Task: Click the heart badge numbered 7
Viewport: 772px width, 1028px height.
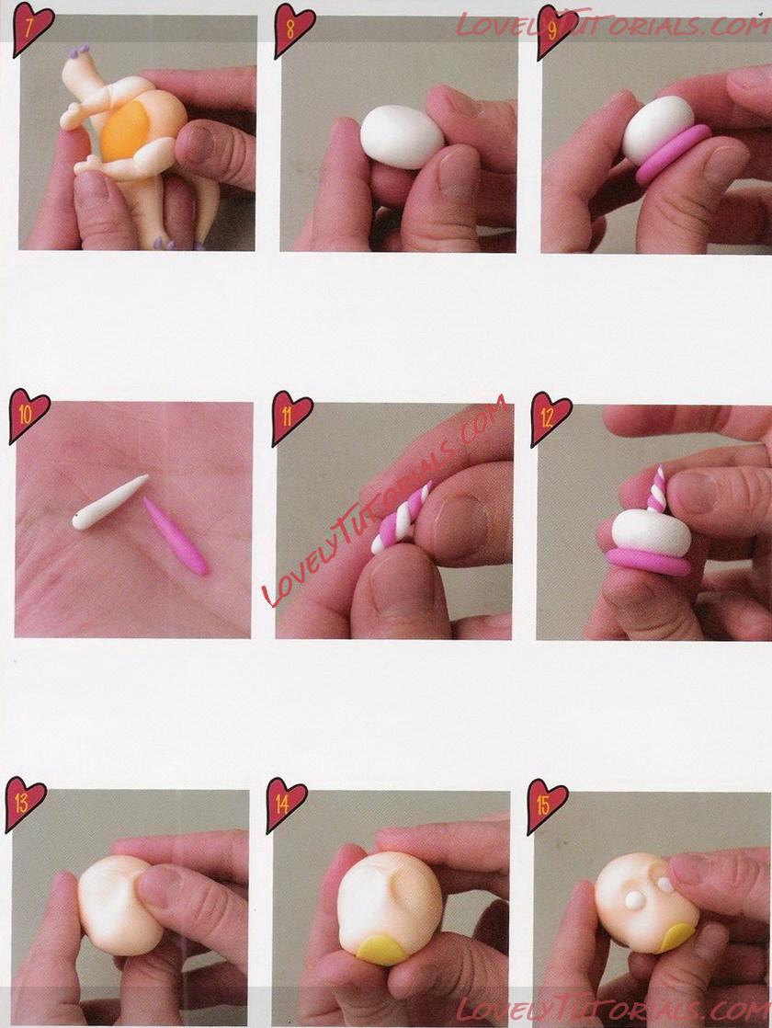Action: pyautogui.click(x=32, y=28)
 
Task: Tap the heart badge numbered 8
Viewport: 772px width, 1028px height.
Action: pyautogui.click(x=293, y=29)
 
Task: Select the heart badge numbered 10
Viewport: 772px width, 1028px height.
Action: pyautogui.click(x=28, y=416)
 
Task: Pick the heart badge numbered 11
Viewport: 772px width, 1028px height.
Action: pyautogui.click(x=291, y=417)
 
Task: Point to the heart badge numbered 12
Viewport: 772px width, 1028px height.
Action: pyautogui.click(x=551, y=418)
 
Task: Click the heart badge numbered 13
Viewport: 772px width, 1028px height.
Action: pyautogui.click(x=25, y=803)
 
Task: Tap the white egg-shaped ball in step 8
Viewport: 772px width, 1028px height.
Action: pyautogui.click(x=402, y=136)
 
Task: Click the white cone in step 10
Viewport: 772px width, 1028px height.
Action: pyautogui.click(x=109, y=502)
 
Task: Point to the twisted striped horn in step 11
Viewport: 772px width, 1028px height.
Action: pyautogui.click(x=402, y=518)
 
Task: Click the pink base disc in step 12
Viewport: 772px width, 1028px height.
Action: pyautogui.click(x=649, y=562)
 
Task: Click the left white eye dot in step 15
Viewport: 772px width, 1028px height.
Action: pyautogui.click(x=634, y=901)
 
